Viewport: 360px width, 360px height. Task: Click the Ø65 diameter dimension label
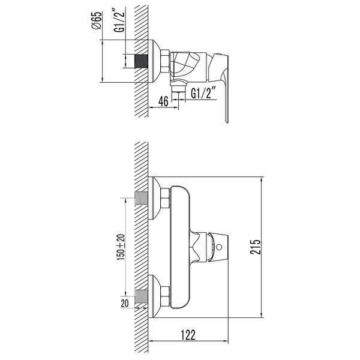click(97, 20)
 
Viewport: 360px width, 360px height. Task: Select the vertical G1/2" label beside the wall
click(119, 20)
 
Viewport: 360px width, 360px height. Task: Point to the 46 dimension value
click(163, 101)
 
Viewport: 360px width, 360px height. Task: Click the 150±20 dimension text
click(121, 247)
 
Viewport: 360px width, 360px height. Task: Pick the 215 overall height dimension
click(256, 247)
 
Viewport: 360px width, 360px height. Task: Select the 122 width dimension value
click(188, 335)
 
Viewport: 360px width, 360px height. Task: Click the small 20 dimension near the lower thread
click(125, 304)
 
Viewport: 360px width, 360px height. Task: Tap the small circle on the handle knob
click(219, 247)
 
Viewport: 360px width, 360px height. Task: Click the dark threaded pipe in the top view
click(141, 61)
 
